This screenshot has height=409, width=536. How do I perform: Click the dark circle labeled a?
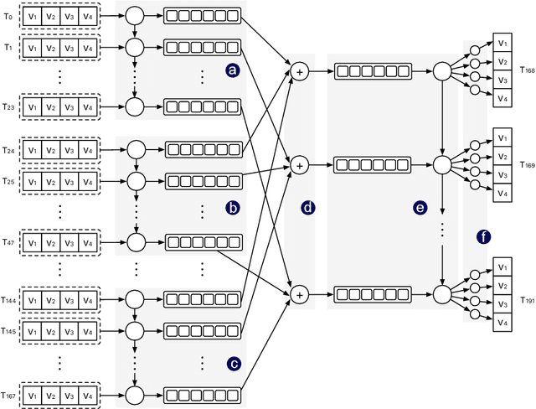coord(233,72)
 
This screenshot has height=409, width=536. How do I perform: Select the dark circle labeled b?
coord(233,207)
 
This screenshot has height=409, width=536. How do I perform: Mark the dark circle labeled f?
coord(482,237)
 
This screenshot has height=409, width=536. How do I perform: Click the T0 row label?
coord(8,14)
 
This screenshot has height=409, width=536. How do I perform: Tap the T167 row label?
coord(9,391)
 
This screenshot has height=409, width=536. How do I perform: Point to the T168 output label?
coord(527,71)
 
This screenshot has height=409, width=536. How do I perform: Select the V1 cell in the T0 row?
coord(32,14)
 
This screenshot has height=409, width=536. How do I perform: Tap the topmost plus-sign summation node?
coord(298,74)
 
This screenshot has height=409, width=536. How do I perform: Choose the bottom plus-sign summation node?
coord(298,293)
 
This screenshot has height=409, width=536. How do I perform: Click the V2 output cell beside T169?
coord(501,155)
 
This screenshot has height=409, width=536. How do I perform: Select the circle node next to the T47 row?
coord(135,241)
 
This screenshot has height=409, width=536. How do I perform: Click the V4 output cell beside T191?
coord(501,322)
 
